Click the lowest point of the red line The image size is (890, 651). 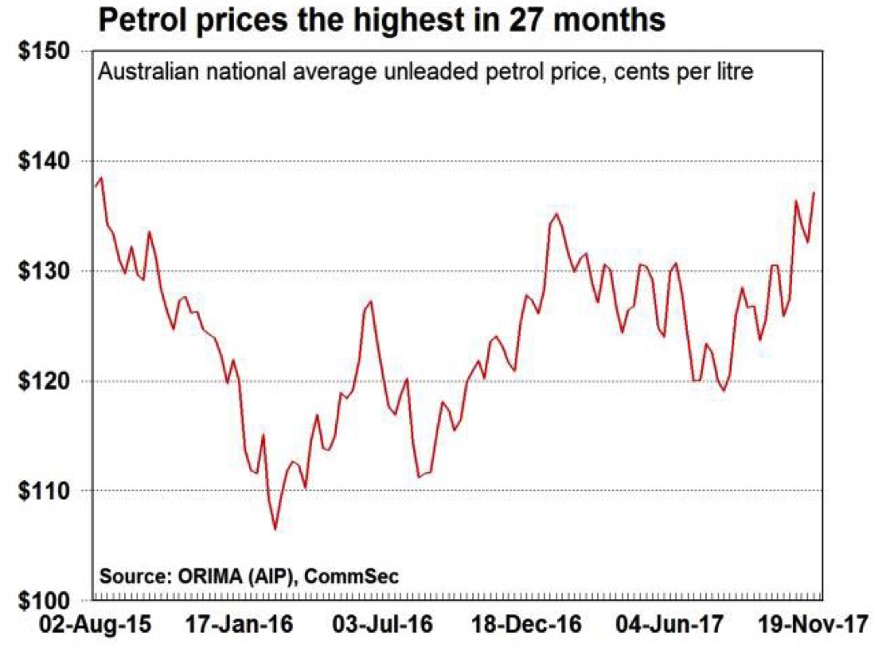[275, 529]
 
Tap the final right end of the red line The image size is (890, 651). [814, 192]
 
